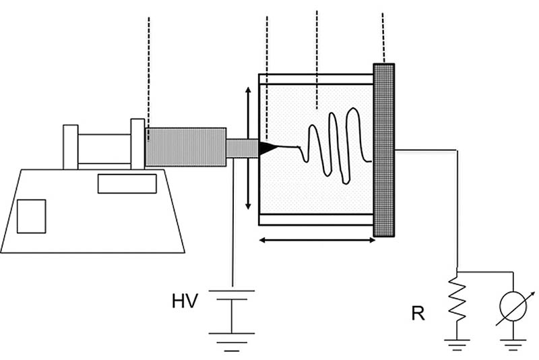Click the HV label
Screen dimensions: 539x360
185,301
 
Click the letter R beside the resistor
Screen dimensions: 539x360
418,313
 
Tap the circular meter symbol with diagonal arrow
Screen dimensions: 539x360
513,306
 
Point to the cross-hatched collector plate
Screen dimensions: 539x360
384,150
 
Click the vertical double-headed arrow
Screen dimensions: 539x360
248,148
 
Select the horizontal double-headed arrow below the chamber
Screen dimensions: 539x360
317,241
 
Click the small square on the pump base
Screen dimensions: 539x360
31,216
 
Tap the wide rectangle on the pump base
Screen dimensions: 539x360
127,183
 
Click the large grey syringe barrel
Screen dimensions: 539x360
186,147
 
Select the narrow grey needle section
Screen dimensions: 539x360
243,148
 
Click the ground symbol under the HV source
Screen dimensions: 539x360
232,342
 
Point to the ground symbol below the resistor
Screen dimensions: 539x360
457,344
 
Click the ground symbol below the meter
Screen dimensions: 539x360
513,344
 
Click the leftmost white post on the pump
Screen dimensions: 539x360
71,147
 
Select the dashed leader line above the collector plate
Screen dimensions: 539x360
383,38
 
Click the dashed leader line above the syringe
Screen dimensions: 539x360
148,79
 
